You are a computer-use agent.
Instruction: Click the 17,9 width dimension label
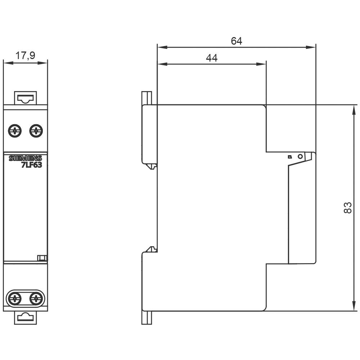coord(25,55)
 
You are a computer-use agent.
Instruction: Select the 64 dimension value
coord(237,41)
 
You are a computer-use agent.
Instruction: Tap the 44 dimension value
coord(212,58)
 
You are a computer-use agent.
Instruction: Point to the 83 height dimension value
coord(347,208)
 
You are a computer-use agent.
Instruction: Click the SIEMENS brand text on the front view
coord(25,158)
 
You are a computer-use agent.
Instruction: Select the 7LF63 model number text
coord(32,165)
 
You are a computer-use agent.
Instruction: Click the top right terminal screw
coord(36,130)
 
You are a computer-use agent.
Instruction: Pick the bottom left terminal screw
coord(15,298)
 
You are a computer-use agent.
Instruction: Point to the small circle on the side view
coord(300,157)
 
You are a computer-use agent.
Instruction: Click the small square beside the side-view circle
coord(289,157)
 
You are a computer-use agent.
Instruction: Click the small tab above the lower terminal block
coord(42,257)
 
